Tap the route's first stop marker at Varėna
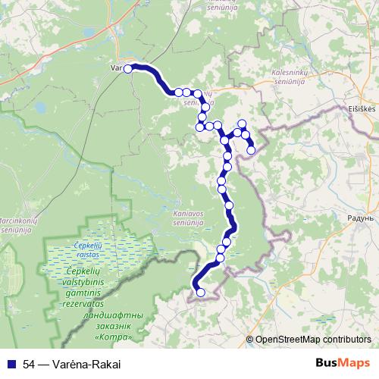tap(128, 69)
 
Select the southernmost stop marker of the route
tap(200, 293)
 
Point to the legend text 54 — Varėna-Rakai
tap(72, 363)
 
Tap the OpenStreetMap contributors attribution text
tap(313, 340)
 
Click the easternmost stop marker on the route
tap(251, 150)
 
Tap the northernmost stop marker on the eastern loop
tap(243, 124)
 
